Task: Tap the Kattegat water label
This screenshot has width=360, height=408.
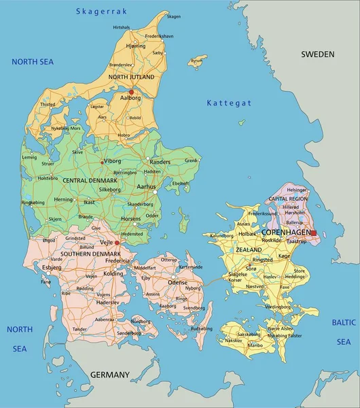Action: (229, 103)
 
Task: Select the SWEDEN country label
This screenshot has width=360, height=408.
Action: (318, 54)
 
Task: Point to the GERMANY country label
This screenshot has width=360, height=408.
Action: (109, 375)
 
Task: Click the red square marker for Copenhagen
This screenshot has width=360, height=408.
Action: (313, 233)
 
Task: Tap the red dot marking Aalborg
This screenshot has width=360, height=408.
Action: (131, 92)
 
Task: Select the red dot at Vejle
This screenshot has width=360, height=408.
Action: (116, 242)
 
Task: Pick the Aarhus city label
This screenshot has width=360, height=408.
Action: (146, 186)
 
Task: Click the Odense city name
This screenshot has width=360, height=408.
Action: (177, 282)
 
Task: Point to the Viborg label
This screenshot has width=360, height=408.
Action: (112, 162)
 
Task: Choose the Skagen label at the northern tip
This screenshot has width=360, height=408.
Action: (174, 16)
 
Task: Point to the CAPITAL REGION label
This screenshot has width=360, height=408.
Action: (288, 199)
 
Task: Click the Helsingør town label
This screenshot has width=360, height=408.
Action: (297, 190)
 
